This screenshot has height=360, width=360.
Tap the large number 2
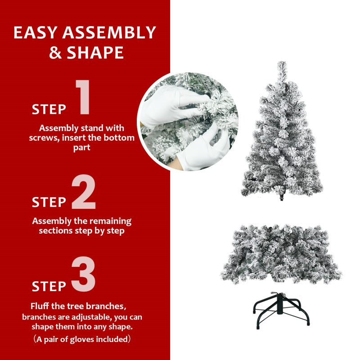click(84, 193)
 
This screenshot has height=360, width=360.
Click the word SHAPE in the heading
click(95, 53)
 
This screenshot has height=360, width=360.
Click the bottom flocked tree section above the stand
click(280, 252)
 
